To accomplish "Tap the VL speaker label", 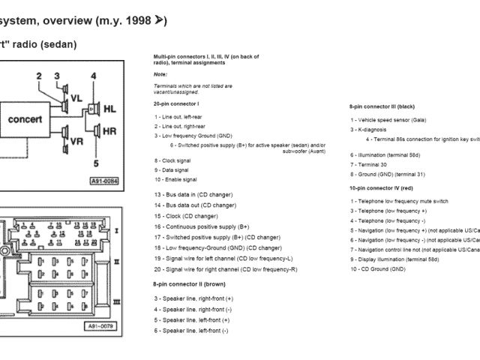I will tap(76, 99).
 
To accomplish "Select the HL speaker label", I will tap(109, 109).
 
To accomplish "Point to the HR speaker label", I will tap(109, 130).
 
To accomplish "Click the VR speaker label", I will tap(76, 141).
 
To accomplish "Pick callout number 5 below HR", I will tap(95, 163).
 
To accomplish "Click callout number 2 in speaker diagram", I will tap(38, 76).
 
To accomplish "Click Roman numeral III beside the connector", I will tap(117, 301).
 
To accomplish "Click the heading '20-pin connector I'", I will tap(176, 103).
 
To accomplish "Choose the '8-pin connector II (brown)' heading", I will tap(189, 284).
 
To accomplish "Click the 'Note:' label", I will tap(160, 74).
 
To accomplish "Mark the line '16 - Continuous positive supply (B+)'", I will tap(202, 226).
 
